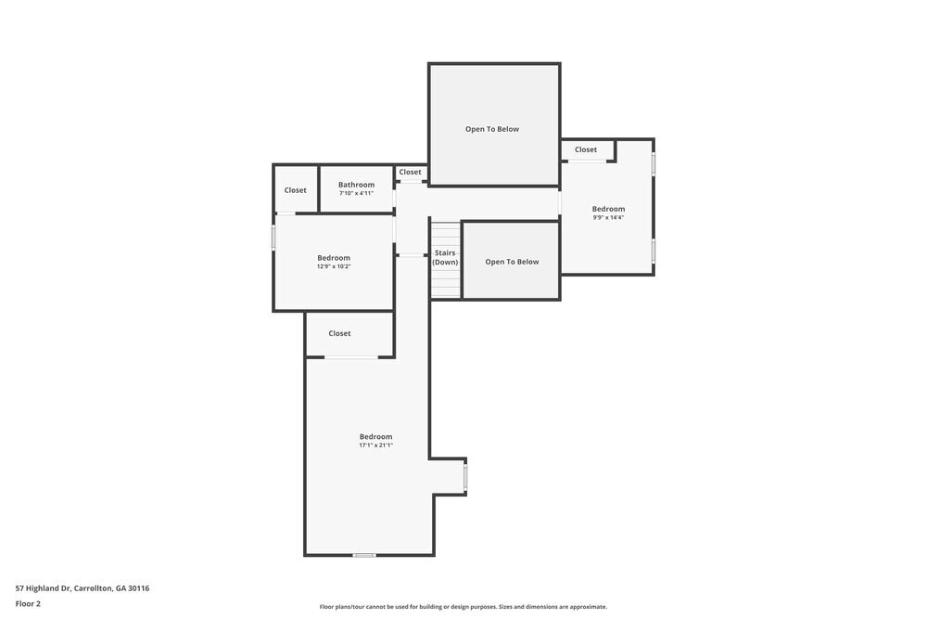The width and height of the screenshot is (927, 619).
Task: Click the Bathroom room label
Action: point(356,185)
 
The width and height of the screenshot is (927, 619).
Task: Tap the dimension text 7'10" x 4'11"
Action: point(356,194)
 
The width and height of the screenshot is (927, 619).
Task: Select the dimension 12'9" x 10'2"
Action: point(334,266)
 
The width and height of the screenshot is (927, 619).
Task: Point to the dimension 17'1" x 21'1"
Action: point(375,445)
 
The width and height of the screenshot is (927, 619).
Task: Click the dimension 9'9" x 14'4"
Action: point(608,217)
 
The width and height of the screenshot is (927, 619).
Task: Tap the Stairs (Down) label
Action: point(445,257)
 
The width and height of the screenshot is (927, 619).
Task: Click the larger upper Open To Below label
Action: point(492,129)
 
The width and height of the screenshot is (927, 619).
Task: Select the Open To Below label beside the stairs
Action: point(512,262)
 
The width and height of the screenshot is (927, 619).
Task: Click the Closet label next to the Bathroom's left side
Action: point(295,190)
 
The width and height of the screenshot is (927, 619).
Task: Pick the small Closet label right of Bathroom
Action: point(410,172)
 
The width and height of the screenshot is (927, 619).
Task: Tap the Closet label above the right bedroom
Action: point(586,149)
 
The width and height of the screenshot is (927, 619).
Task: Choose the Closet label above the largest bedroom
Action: point(339,333)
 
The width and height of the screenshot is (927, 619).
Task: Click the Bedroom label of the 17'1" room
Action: point(375,436)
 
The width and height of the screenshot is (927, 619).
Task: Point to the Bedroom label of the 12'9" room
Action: point(334,257)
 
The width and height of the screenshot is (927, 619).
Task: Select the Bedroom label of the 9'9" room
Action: point(608,209)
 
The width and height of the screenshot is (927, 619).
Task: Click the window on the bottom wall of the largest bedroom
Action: point(364,555)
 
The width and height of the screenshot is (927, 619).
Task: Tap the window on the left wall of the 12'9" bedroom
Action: point(273,239)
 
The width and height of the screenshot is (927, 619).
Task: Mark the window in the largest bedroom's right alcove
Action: point(465,477)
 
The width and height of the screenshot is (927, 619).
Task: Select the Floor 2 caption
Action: point(28,603)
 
